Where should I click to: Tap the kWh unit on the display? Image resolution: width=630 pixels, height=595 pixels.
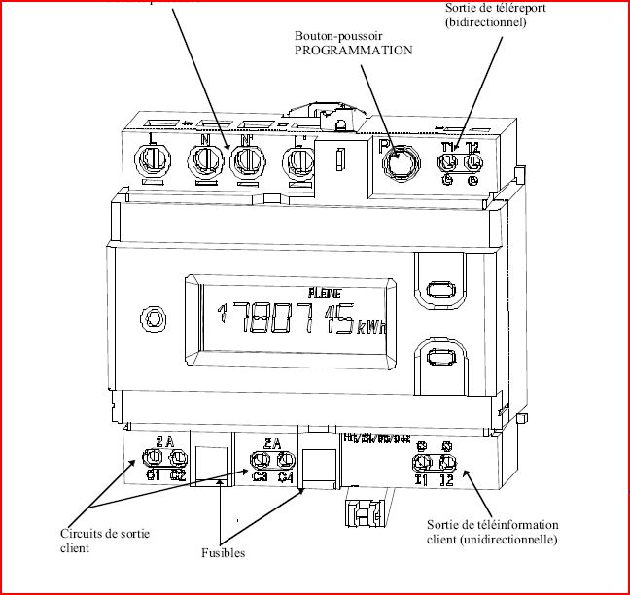coord(371,326)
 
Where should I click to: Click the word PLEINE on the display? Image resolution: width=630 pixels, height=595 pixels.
coord(324,292)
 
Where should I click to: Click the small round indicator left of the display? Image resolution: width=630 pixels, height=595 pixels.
coord(152,317)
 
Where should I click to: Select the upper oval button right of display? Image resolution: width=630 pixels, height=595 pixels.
coord(437,291)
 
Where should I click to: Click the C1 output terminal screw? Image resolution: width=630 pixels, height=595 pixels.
coord(155,459)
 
